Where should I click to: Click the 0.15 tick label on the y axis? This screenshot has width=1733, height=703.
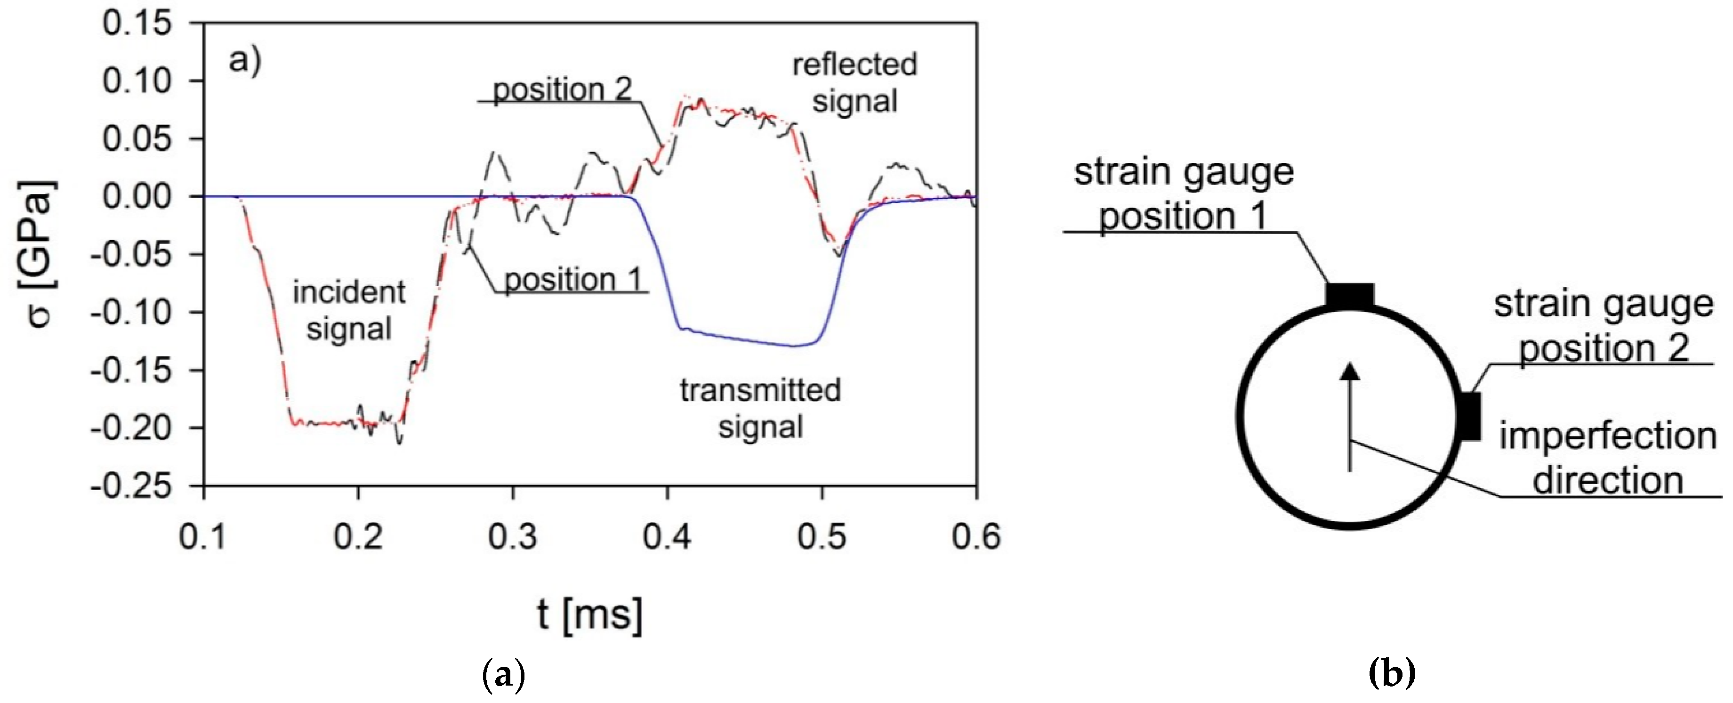137,24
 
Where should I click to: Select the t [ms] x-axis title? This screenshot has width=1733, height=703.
590,614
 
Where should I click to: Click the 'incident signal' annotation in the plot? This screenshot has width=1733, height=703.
348,311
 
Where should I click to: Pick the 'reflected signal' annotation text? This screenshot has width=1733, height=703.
854,83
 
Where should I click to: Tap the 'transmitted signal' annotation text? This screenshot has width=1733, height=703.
760,408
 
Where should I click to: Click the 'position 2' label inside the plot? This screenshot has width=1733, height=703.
563,89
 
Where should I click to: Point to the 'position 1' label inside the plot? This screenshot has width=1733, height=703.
573,280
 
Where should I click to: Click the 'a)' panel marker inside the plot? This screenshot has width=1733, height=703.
245,61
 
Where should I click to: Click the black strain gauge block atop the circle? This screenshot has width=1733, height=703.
1349,295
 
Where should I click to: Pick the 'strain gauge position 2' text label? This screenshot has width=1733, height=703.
1603,326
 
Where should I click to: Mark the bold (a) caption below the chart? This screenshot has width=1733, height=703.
504,673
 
